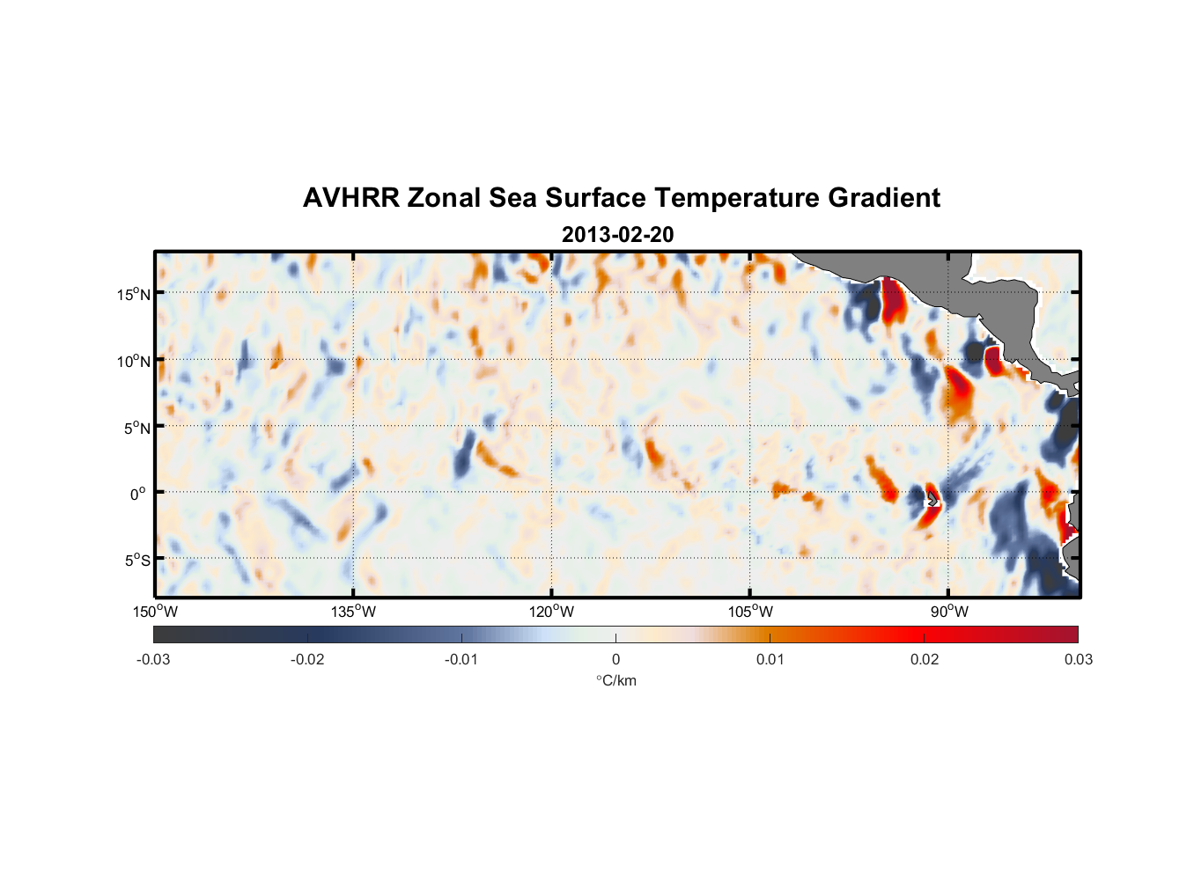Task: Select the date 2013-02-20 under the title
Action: coord(617,235)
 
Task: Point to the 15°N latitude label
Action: coord(134,294)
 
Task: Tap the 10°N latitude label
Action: coord(134,361)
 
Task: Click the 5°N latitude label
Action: coord(136,428)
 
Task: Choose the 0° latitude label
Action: coord(138,494)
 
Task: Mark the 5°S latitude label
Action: coord(136,561)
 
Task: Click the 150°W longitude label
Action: coord(155,612)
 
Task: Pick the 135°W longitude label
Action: coord(353,612)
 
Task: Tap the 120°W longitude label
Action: coord(552,612)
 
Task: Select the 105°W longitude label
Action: coord(750,612)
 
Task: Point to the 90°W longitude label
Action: coord(949,612)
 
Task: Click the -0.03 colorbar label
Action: coord(153,659)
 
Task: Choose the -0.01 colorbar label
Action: coord(461,659)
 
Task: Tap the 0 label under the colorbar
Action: coord(615,659)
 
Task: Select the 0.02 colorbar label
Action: coord(925,659)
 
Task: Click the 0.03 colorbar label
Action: coord(1078,659)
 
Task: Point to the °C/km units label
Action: coord(615,680)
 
